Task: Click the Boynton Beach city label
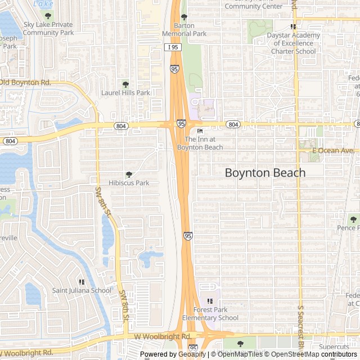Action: (x=265, y=173)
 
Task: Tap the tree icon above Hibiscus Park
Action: (x=129, y=174)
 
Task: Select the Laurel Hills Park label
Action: (x=125, y=93)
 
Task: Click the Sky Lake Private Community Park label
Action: (x=48, y=29)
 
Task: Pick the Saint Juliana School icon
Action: (x=82, y=282)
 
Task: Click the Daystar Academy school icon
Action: (x=293, y=26)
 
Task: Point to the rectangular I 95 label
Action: (x=174, y=48)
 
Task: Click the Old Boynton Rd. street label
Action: (x=25, y=83)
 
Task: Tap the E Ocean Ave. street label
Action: (x=334, y=150)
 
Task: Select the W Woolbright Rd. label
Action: (x=163, y=336)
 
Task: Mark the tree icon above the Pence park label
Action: (x=353, y=219)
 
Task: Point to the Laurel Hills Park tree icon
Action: (x=125, y=84)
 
